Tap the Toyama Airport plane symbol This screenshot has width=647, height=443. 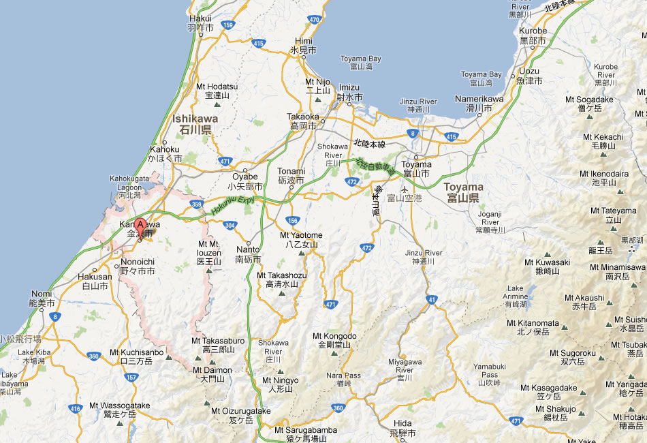pyautogui.click(x=406, y=189)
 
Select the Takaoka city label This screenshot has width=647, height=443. pyautogui.click(x=302, y=121)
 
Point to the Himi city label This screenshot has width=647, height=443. pyautogui.click(x=303, y=45)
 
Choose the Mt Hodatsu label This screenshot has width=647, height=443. pyautogui.click(x=217, y=91)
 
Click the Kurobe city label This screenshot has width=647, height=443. pyautogui.click(x=533, y=35)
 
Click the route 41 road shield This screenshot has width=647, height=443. pyautogui.click(x=432, y=299)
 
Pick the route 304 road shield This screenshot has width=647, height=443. pyautogui.click(x=230, y=225)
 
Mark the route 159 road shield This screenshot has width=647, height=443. pyautogui.click(x=228, y=25)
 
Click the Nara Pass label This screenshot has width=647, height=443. pyautogui.click(x=343, y=379)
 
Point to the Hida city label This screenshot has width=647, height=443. pyautogui.click(x=403, y=427)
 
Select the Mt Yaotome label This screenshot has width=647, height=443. pyautogui.click(x=302, y=239)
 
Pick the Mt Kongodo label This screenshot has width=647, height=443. pyautogui.click(x=334, y=340)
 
